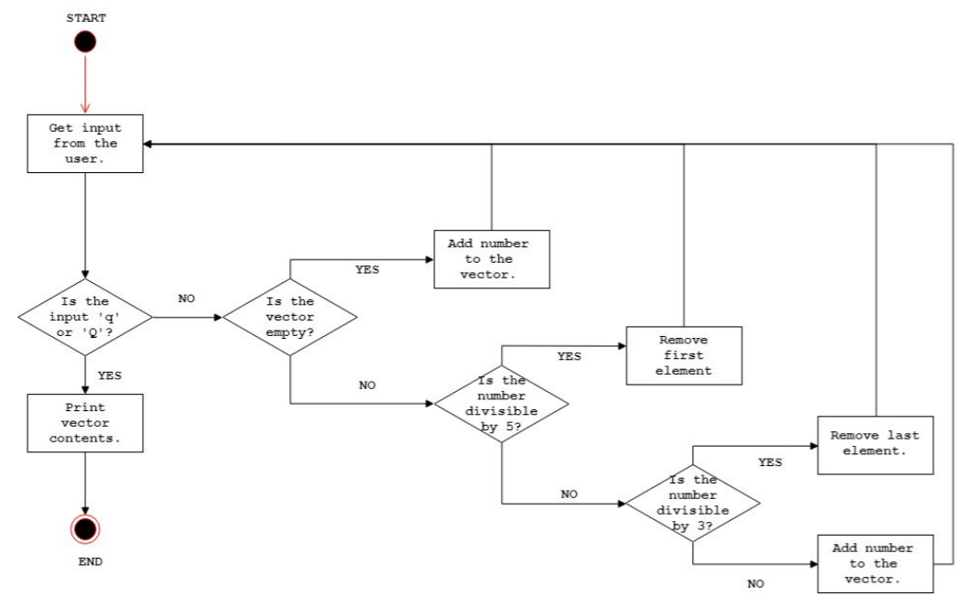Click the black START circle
85,41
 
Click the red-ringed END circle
85,529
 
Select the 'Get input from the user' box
85,144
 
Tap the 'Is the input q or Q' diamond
85,317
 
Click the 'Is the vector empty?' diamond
290,317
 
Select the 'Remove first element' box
683,354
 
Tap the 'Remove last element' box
876,444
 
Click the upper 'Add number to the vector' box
491,259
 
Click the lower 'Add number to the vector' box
876,563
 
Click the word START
85,16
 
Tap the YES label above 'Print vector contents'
110,375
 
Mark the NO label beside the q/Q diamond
185,298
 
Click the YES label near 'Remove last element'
770,462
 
